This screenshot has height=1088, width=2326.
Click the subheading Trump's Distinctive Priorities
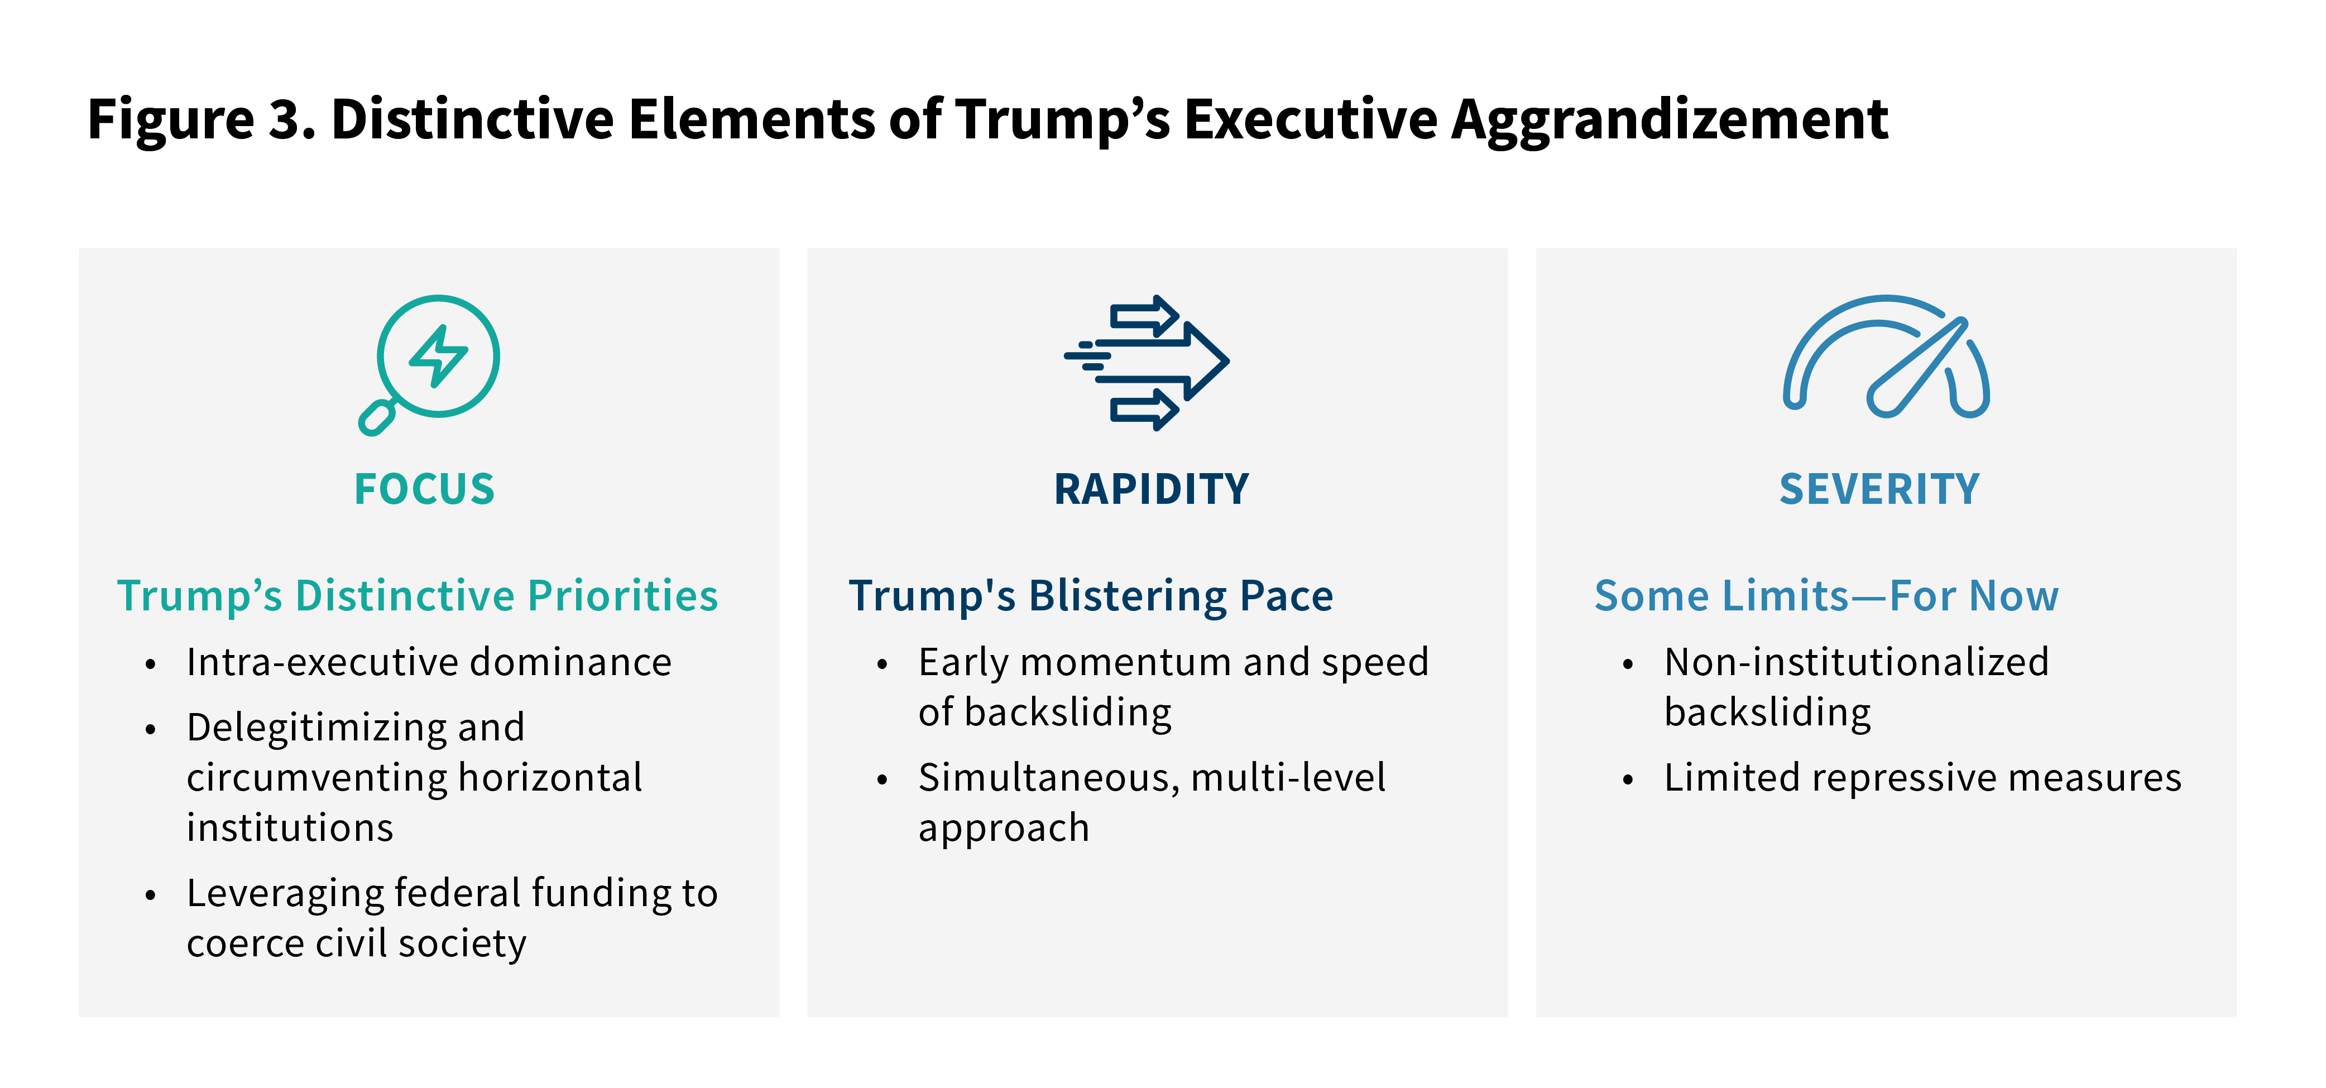[x=417, y=596]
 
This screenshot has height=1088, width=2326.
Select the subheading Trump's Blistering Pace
[x=1091, y=596]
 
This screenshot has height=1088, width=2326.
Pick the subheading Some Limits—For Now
[x=1826, y=596]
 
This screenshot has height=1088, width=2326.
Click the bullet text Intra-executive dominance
[x=429, y=662]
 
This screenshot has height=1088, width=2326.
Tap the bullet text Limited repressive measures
[x=1922, y=777]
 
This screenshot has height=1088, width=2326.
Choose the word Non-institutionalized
[x=1857, y=662]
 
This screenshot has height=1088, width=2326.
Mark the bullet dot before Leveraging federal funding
[x=150, y=895]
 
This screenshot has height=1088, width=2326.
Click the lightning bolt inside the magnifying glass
[x=439, y=356]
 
